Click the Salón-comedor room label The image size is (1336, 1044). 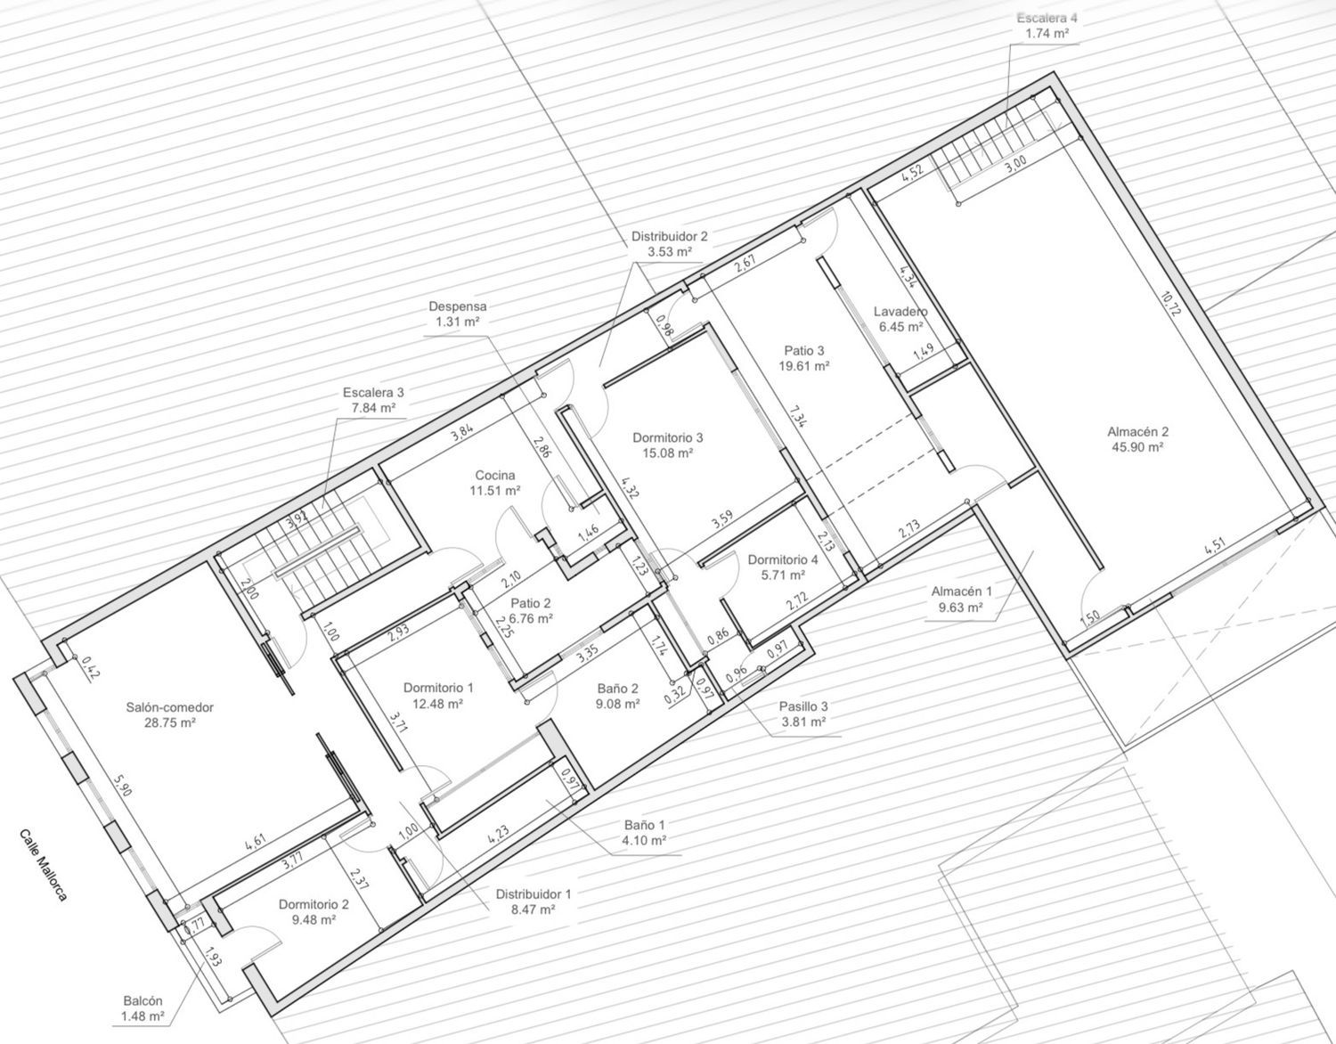click(170, 707)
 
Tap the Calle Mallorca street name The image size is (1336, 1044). click(43, 865)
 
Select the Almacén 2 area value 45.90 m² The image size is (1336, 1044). click(1137, 447)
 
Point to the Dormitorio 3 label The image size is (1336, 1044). click(668, 437)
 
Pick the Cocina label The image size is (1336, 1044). click(495, 476)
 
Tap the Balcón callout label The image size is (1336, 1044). click(143, 1001)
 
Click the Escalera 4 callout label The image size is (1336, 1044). click(1046, 18)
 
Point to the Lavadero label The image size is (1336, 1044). click(900, 312)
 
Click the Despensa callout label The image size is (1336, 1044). click(458, 306)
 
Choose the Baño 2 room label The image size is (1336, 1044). click(617, 689)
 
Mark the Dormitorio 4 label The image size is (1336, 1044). click(783, 560)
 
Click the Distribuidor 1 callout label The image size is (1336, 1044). click(533, 894)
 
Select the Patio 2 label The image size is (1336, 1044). click(531, 603)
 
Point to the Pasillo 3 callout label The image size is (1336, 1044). click(803, 706)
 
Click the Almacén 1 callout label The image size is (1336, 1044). click(962, 591)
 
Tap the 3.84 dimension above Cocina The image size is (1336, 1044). click(461, 433)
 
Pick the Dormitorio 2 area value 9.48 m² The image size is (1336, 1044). click(314, 920)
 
